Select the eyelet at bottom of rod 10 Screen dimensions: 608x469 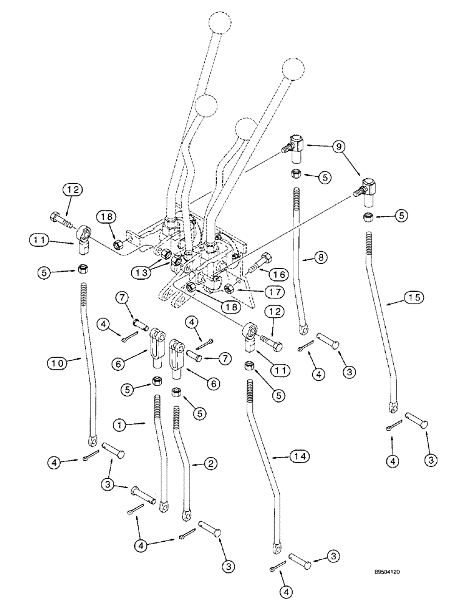point(92,440)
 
